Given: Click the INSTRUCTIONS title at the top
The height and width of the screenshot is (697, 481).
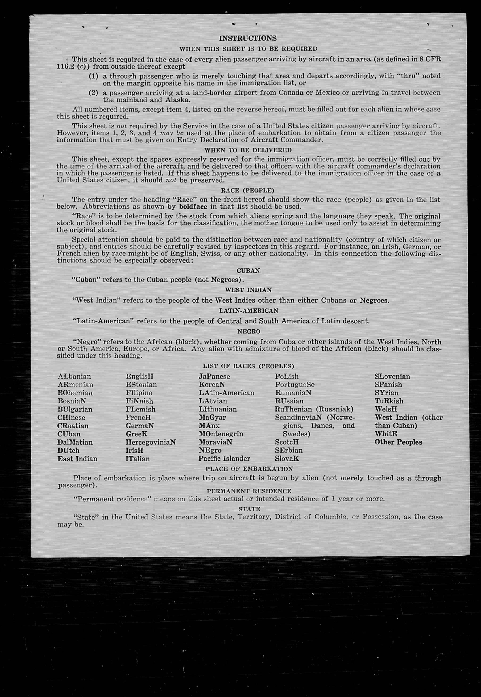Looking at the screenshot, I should tap(248, 38).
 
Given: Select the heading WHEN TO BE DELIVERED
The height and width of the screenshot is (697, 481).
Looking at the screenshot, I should tap(248, 150).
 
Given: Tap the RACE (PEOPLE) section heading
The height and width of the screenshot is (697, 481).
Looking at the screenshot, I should tap(247, 190).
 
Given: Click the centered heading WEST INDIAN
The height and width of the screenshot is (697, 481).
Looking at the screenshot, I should tap(248, 290).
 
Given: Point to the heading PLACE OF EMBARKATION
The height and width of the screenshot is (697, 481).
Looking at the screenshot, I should tap(249, 469).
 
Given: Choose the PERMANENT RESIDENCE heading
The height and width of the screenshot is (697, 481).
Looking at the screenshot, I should tap(249, 491).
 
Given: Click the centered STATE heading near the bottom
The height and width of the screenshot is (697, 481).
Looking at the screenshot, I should tap(249, 509).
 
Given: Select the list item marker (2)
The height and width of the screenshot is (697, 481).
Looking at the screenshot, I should tap(93, 93).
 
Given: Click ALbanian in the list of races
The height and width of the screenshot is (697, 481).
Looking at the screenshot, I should tap(74, 377).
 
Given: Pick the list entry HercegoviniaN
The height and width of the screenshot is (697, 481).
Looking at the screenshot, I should tap(151, 442).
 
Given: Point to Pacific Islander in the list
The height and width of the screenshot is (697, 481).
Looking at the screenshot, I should tap(224, 459).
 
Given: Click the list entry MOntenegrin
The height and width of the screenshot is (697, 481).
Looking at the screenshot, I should tap(221, 434).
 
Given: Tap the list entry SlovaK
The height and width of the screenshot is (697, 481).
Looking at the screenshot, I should tap(287, 459).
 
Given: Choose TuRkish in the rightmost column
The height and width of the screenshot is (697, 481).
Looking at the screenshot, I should tap(389, 401).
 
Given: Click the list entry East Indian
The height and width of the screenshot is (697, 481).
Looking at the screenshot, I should tap(77, 459).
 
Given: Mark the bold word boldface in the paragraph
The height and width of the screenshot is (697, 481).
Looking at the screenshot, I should tap(193, 207).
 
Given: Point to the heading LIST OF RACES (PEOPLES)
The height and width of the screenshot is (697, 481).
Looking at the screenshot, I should tap(248, 366).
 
